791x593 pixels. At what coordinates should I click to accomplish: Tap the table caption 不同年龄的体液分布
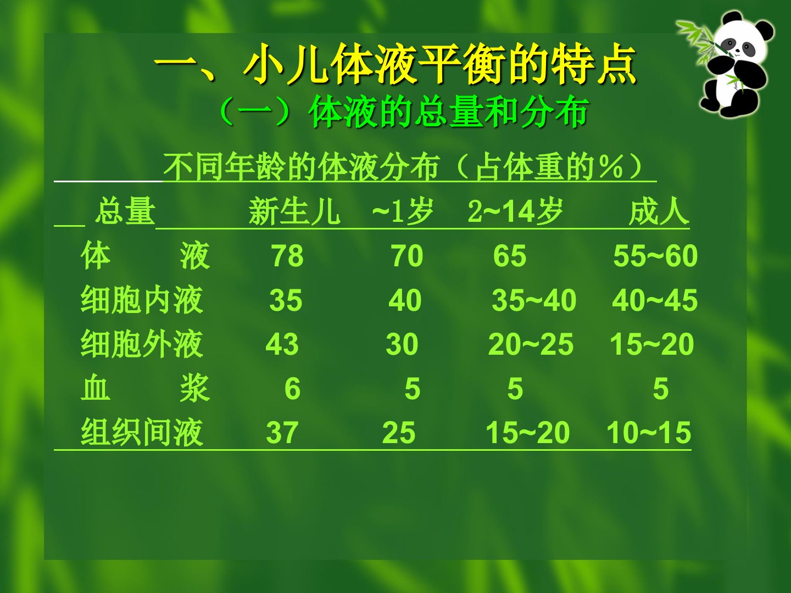(301, 167)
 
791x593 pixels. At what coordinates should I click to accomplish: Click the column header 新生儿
(294, 211)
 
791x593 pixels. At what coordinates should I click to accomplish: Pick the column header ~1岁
(403, 211)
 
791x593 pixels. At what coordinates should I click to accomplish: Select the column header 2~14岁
(515, 211)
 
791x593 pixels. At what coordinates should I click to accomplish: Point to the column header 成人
(659, 211)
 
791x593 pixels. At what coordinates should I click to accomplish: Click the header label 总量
(125, 211)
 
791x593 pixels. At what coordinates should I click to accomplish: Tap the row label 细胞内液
(142, 300)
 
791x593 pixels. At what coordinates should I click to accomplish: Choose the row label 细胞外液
(142, 344)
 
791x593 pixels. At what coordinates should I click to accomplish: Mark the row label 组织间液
(142, 433)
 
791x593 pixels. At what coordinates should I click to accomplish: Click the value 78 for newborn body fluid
(287, 256)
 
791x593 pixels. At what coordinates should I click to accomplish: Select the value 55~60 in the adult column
(655, 256)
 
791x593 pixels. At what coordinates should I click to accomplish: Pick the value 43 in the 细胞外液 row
(282, 344)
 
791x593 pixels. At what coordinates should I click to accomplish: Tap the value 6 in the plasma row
(292, 389)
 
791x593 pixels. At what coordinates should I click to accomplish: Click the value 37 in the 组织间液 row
(282, 433)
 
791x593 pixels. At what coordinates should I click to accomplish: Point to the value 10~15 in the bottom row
(649, 433)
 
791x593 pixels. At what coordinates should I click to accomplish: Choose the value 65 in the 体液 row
(510, 256)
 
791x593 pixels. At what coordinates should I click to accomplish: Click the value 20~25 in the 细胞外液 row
(531, 344)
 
